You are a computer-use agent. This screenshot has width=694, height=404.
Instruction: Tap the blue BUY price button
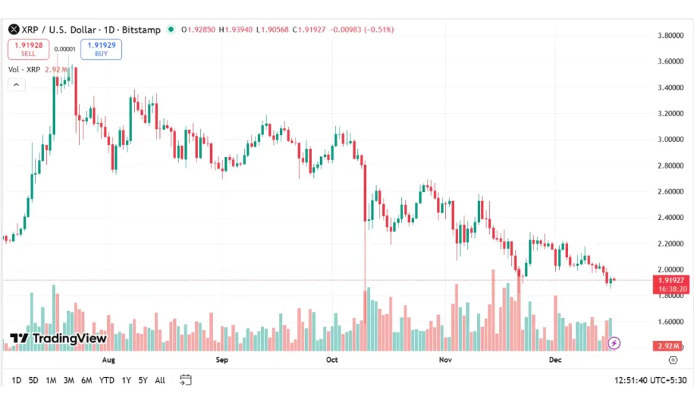point(101,49)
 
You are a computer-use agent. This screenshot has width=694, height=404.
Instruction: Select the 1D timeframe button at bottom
point(16,380)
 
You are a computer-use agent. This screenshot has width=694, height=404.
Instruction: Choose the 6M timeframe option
point(86,380)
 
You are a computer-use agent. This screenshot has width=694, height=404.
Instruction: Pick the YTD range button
point(106,380)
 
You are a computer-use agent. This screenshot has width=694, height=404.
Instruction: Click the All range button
point(160,380)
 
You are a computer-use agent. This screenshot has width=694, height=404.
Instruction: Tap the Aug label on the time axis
point(108,361)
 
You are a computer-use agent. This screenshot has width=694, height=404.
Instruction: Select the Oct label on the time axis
point(331,361)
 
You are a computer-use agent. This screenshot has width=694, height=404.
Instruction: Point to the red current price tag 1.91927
point(671,279)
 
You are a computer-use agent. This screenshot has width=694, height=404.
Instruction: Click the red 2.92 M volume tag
point(671,346)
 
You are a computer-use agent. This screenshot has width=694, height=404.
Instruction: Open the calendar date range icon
point(186,380)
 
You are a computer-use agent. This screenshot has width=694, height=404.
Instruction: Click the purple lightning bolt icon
point(614,343)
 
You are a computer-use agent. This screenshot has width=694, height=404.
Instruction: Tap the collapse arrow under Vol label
point(16,85)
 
